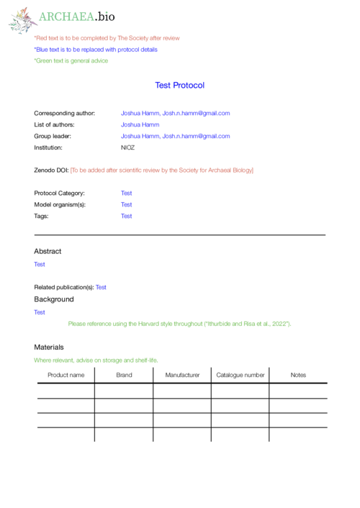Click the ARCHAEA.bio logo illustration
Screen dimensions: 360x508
click(22, 19)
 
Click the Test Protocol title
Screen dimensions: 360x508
click(179, 85)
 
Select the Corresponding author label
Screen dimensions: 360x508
click(64, 113)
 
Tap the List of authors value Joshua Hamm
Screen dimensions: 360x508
click(140, 124)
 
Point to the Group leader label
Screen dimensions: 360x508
click(53, 136)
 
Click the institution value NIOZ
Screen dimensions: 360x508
click(127, 148)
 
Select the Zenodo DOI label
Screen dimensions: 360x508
click(51, 170)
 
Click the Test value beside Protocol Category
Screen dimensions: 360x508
click(126, 193)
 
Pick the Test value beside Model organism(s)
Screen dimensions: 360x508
click(126, 204)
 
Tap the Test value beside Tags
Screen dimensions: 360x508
click(126, 216)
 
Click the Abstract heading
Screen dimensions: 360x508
click(48, 251)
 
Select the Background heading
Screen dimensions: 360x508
click(53, 299)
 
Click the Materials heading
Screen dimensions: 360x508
click(49, 347)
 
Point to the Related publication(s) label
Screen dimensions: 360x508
click(64, 287)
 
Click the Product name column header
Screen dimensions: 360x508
click(66, 375)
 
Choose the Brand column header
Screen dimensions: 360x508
click(124, 375)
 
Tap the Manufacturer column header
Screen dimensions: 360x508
click(182, 375)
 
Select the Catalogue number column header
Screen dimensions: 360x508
click(240, 375)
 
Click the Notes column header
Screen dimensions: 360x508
click(298, 375)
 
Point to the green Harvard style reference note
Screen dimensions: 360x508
click(179, 324)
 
